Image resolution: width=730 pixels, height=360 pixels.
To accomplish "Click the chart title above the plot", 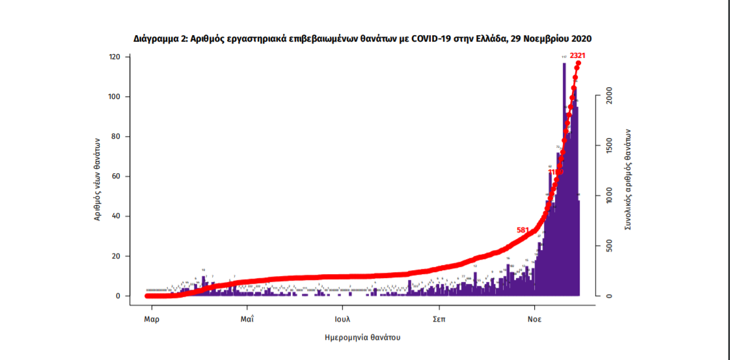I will point(362,39).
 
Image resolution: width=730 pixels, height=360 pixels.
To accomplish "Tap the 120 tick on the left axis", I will point(115,57).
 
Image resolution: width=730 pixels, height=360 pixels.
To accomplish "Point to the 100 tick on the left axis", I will point(115,97).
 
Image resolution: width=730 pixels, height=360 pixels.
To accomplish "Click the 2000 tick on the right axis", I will point(606,96).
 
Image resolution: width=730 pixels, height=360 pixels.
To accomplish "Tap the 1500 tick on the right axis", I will point(606,146).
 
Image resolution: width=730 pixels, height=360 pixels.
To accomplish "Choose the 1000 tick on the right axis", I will point(606,196).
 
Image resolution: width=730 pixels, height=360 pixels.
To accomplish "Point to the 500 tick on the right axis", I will point(606,246).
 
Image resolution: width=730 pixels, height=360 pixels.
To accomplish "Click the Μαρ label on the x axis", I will point(152,319).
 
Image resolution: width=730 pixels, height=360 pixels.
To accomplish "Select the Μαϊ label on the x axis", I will point(247,319).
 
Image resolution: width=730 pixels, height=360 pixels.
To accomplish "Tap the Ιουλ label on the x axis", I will point(343,319).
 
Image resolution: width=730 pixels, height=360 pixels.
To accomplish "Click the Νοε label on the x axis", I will point(535,319).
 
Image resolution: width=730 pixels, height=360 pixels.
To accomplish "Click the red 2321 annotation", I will point(578,56).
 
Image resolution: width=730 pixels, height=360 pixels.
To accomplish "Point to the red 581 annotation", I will point(523,230).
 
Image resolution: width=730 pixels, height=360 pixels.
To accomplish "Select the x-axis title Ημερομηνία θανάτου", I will point(362,338).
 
